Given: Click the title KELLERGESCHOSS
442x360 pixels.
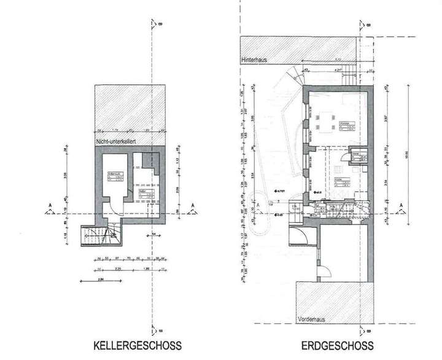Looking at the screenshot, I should pos(138,345).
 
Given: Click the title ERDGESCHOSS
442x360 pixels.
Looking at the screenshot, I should pos(336,345).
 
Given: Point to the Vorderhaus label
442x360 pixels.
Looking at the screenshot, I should pos(311,320).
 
